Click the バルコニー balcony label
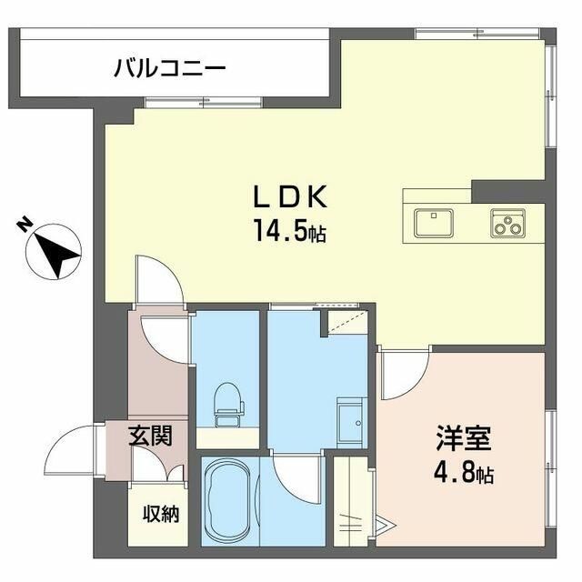click(170, 68)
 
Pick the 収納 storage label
click(160, 514)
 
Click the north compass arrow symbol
click(57, 250)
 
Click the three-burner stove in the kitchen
click(507, 222)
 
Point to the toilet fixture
click(226, 403)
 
